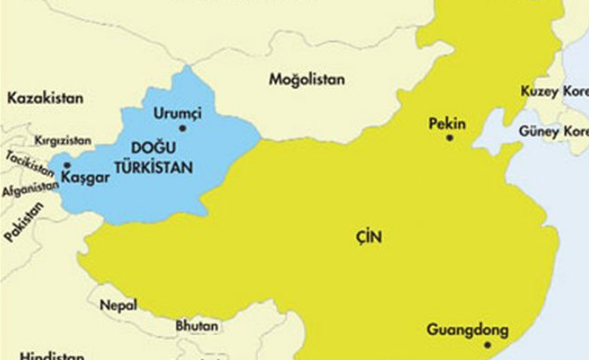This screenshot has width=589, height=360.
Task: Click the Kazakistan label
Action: [x=45, y=98]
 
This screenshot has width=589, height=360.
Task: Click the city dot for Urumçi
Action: [x=182, y=128]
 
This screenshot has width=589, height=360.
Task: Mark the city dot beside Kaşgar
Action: [x=66, y=165]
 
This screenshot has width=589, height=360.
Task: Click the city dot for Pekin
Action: [x=449, y=138]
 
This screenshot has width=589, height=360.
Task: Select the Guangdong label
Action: [x=467, y=329]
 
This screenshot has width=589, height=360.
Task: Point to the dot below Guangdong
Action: [x=487, y=345]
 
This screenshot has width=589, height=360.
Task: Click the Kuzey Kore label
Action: [x=554, y=92]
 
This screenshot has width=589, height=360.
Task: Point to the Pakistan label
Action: [x=24, y=221]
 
